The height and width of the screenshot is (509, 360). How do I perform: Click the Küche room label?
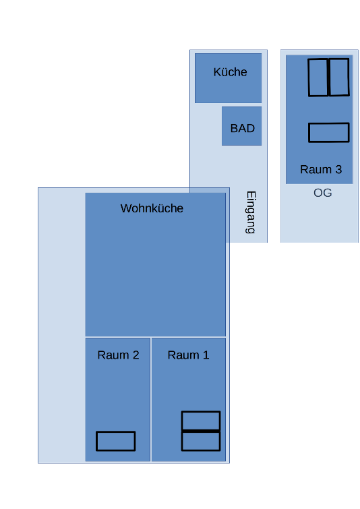(230, 72)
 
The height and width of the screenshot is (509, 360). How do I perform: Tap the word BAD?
(243, 128)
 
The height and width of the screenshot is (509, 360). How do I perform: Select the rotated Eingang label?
(251, 212)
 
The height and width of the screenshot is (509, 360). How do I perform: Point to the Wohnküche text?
(152, 208)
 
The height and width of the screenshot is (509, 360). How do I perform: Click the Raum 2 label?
(118, 355)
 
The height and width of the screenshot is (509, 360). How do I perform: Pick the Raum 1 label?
(188, 355)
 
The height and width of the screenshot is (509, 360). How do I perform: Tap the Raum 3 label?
(321, 169)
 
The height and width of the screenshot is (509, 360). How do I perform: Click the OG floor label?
(323, 193)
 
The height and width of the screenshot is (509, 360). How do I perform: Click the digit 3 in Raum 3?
(338, 169)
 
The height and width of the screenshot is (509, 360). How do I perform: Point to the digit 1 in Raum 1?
(206, 355)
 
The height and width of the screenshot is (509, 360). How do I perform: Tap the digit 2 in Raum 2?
(136, 355)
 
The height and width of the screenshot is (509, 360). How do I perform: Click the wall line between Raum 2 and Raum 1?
(151, 400)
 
